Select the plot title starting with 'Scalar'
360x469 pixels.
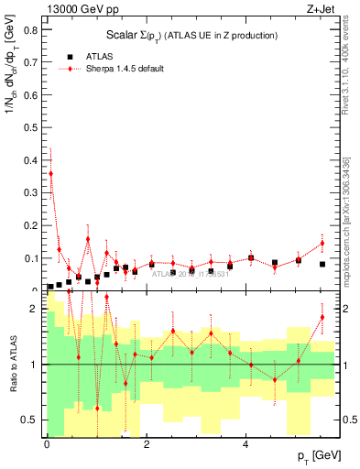coord(190,35)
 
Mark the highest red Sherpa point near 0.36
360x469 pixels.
coord(50,172)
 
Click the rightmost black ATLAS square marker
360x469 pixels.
coord(322,264)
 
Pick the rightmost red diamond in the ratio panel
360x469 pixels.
coord(322,318)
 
